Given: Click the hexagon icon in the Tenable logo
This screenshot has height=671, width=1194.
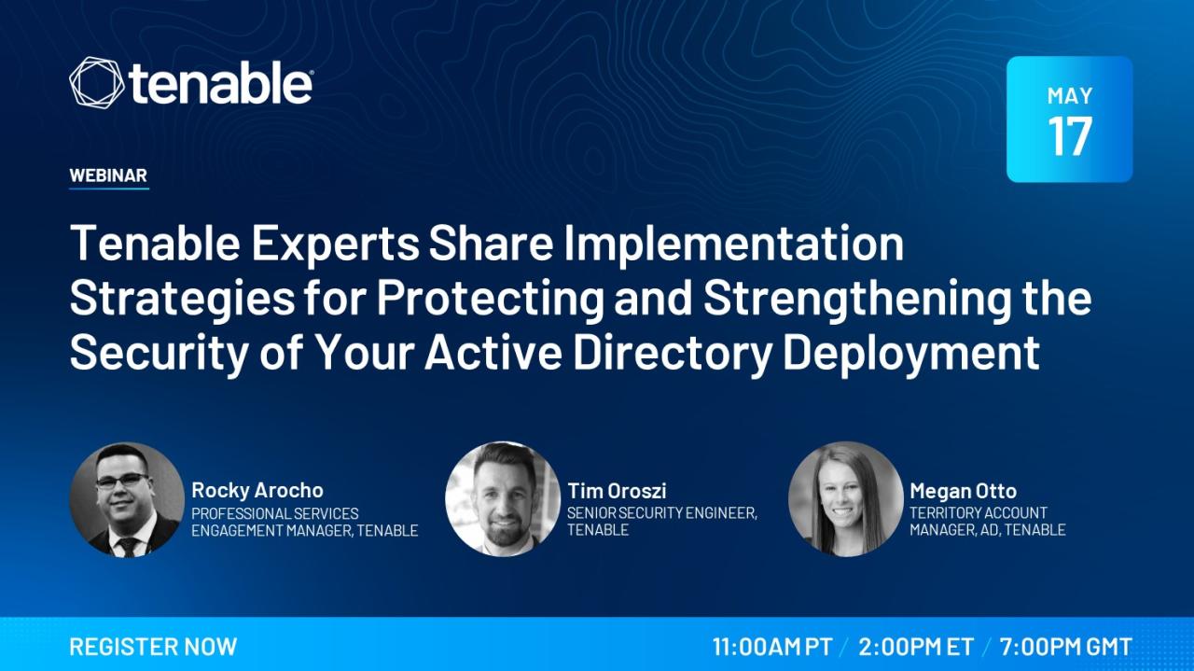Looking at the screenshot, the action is (x=96, y=83).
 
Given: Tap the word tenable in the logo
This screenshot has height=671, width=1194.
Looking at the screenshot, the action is (x=220, y=84).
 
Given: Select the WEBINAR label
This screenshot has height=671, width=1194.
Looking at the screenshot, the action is (x=108, y=175).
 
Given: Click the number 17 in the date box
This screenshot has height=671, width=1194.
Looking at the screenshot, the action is (x=1070, y=136).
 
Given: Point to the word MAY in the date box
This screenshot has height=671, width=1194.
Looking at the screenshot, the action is (x=1070, y=96).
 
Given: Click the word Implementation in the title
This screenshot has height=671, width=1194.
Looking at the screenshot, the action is (x=734, y=244).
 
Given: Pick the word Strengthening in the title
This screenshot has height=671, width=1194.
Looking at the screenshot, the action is (x=856, y=299).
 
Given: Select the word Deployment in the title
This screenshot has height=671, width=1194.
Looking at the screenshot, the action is (x=911, y=353).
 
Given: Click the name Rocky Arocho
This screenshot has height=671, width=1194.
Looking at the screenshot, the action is (x=257, y=490).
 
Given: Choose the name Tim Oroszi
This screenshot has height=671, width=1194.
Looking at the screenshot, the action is (x=617, y=490).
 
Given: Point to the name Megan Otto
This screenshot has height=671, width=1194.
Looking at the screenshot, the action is (x=964, y=491).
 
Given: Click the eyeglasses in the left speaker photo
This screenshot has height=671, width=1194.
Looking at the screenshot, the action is (x=122, y=480).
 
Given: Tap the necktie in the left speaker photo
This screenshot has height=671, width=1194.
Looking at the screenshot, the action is (x=128, y=548).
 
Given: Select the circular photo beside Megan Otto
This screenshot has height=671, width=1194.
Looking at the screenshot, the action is (x=845, y=499).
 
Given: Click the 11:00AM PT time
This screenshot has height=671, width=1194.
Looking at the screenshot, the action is (x=772, y=647).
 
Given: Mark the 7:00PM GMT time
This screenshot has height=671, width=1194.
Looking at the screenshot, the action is (x=1065, y=647).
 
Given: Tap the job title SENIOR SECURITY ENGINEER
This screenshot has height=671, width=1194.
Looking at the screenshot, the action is (x=661, y=513).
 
